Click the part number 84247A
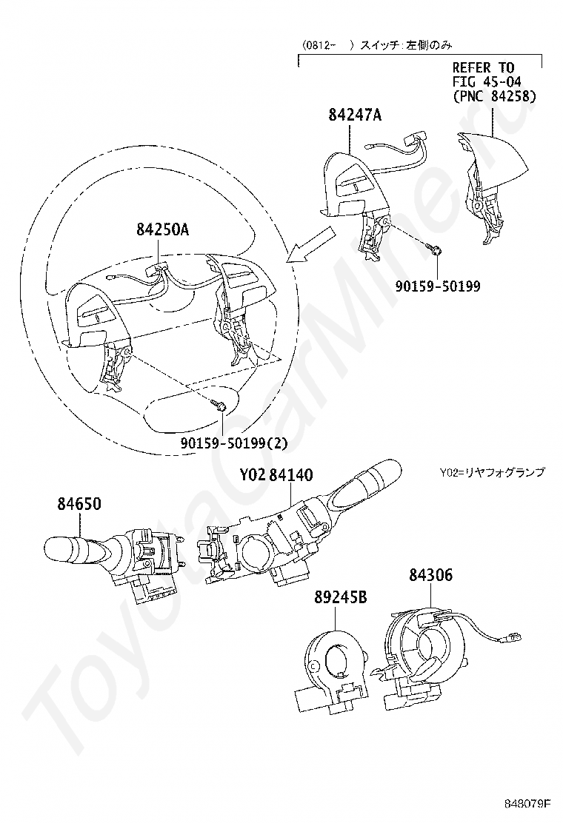point(357,115)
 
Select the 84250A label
point(162,230)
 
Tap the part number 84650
point(79,505)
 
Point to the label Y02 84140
point(276,474)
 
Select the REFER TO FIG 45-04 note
point(494,82)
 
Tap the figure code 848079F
point(529,803)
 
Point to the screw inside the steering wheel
point(220,405)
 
